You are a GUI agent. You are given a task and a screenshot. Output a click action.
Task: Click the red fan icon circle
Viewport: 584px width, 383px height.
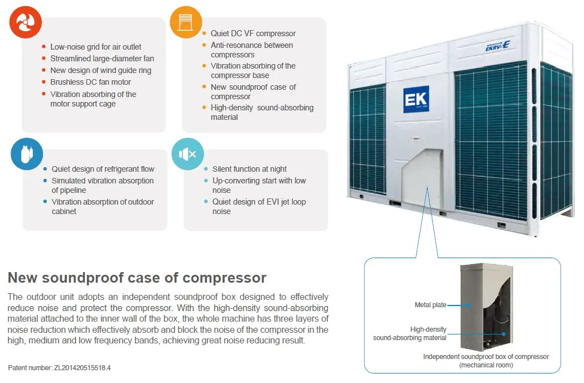tap(25, 22)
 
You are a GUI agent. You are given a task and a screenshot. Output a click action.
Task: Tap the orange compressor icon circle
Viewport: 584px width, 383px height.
tap(186, 22)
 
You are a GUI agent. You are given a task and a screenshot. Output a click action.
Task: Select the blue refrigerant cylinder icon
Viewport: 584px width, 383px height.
tap(27, 154)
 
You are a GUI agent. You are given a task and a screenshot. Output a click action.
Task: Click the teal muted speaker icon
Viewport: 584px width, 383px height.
tap(188, 154)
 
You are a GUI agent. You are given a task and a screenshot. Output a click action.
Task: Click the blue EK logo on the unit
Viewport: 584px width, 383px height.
tap(416, 99)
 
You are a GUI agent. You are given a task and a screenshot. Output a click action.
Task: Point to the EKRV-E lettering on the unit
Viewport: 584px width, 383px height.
tap(498, 46)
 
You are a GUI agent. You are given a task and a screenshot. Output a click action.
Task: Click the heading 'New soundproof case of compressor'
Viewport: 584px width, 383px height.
tap(137, 278)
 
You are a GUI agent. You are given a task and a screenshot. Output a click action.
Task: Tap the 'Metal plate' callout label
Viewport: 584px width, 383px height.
tap(430, 305)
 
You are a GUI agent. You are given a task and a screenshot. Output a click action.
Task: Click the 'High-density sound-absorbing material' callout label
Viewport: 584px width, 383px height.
tap(410, 333)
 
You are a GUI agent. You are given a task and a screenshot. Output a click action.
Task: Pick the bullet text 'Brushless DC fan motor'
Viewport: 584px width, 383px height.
tap(90, 82)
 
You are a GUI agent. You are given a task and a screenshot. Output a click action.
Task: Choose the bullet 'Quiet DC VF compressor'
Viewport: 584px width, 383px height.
tap(253, 33)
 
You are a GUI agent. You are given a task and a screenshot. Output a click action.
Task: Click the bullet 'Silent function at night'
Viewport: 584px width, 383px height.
tap(249, 169)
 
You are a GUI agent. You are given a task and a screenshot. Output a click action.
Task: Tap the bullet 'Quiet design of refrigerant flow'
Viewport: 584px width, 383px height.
tap(103, 169)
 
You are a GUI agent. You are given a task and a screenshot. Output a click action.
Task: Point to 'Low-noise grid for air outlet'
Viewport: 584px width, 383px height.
tap(96, 47)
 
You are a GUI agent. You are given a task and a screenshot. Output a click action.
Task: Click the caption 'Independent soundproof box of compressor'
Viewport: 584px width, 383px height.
tap(486, 357)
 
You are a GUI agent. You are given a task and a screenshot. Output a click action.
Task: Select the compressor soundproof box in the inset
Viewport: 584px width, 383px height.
tap(486, 307)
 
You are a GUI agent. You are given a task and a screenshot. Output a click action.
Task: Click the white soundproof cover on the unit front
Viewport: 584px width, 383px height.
tap(422, 177)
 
